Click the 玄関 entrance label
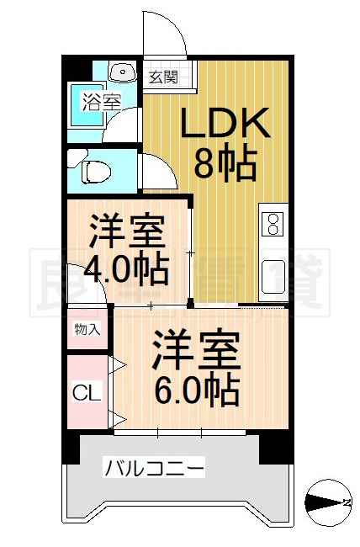(x=164, y=77)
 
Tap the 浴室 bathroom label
(x=102, y=102)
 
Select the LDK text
(x=225, y=126)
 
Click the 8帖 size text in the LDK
(x=225, y=164)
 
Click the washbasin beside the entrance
(x=123, y=72)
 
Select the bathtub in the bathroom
(x=84, y=104)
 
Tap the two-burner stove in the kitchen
(x=273, y=224)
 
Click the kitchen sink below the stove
(x=273, y=273)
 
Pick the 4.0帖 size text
(x=129, y=268)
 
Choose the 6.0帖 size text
(x=197, y=390)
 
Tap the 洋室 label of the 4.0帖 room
(x=129, y=230)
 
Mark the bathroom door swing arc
(x=127, y=126)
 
